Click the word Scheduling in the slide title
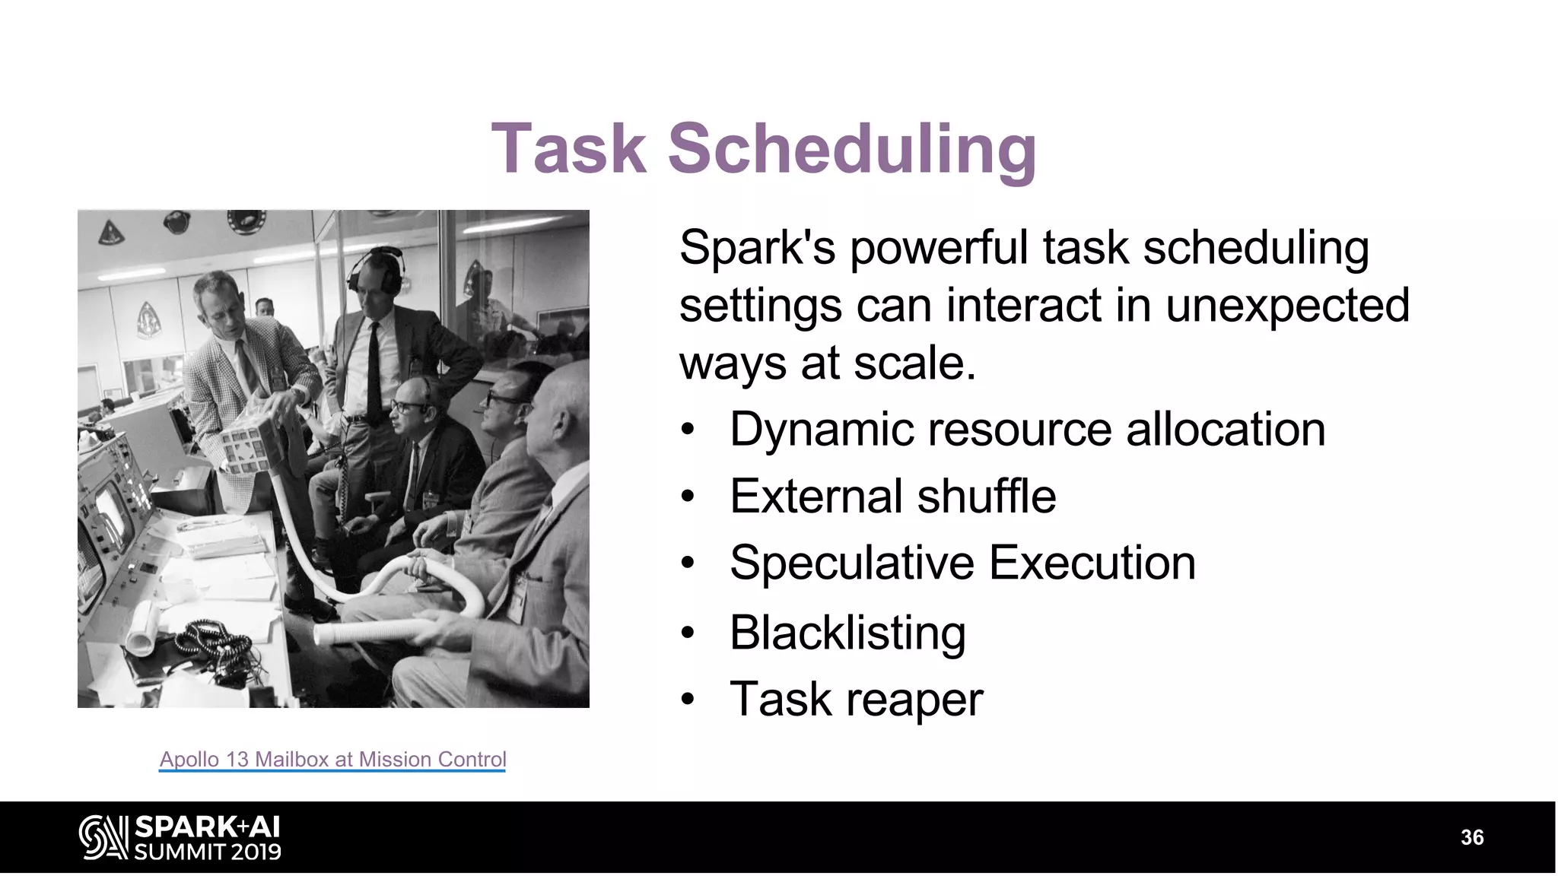[852, 148]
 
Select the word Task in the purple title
[569, 148]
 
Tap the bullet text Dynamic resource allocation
[1027, 430]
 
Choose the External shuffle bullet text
[892, 497]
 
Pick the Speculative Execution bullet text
[962, 563]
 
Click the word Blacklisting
[847, 633]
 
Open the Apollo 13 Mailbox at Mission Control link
[332, 759]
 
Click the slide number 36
[1472, 838]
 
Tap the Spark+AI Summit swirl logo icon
[103, 837]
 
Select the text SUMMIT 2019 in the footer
[208, 852]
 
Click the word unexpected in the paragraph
[1287, 306]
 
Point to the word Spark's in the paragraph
[757, 248]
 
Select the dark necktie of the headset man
[374, 373]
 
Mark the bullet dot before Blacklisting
[688, 633]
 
